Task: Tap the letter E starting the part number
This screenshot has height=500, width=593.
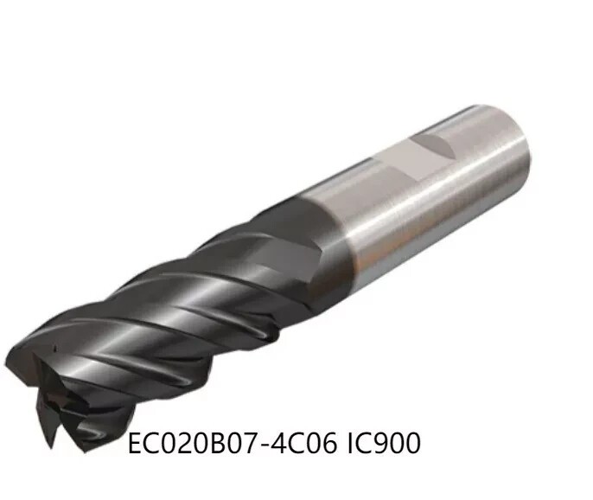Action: (135, 444)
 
